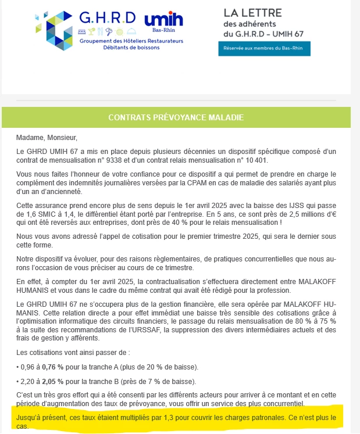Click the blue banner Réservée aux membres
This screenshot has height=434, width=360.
tap(264, 48)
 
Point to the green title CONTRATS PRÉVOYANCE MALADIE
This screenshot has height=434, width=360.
tap(176, 118)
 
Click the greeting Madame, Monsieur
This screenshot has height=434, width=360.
tap(47, 138)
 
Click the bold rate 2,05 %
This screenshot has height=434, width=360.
tap(52, 381)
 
